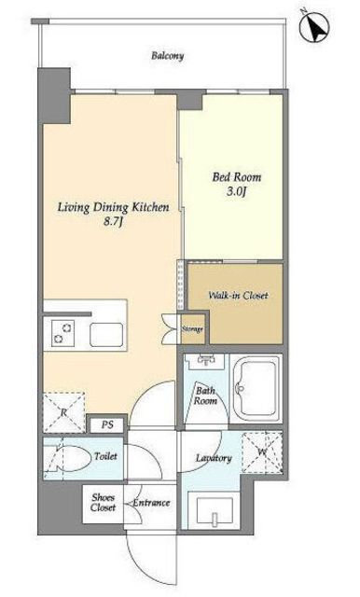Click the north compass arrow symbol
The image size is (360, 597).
[x=314, y=27]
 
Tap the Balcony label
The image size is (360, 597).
[x=168, y=56]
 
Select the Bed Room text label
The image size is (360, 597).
[x=237, y=177]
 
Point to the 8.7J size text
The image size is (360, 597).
[x=113, y=222]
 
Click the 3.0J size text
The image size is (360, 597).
[x=236, y=191]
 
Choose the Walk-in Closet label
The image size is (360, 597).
[x=238, y=295]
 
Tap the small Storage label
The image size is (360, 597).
[x=192, y=329]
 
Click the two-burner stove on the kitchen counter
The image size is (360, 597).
[x=62, y=333]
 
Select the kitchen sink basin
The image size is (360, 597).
[x=106, y=335]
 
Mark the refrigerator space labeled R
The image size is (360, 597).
[x=63, y=412]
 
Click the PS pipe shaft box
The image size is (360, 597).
[x=107, y=425]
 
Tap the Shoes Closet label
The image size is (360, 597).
[x=103, y=502]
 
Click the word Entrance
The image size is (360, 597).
[x=151, y=503]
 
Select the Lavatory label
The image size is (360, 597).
[x=214, y=458]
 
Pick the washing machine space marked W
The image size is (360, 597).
[x=262, y=452]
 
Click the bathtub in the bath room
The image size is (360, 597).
[x=256, y=388]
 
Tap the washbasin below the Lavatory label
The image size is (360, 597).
[x=215, y=510]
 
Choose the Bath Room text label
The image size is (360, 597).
[x=205, y=396]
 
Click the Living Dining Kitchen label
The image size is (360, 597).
[x=113, y=207]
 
